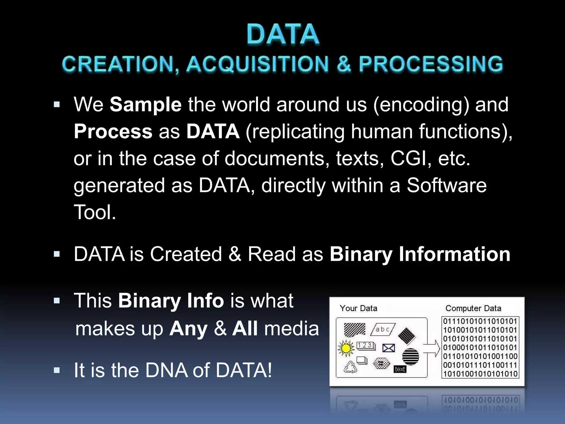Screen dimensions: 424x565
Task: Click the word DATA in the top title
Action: click(283, 35)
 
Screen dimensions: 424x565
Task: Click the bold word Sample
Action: click(145, 105)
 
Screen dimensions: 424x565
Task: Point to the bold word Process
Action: click(113, 132)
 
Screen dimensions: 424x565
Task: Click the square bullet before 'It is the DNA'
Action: click(57, 370)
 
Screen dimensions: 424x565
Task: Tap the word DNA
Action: click(166, 370)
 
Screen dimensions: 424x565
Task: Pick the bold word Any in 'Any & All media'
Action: click(188, 329)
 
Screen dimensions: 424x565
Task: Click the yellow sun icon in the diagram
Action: click(346, 348)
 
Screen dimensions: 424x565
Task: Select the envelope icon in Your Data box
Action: click(388, 348)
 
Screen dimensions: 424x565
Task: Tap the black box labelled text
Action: click(400, 369)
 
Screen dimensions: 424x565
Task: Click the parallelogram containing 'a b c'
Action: click(383, 329)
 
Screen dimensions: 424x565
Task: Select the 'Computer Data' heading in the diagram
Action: click(473, 308)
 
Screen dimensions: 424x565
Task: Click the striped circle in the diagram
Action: click(411, 356)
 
